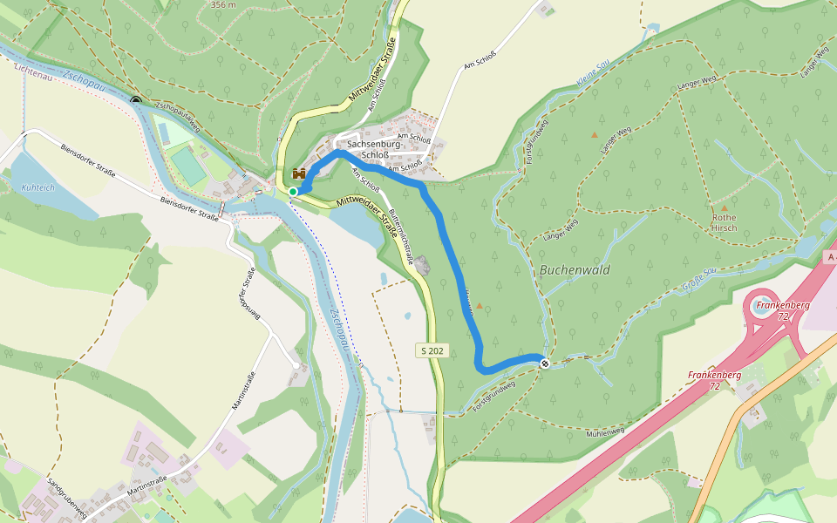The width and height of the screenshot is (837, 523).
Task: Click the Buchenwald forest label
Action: pyautogui.click(x=575, y=269)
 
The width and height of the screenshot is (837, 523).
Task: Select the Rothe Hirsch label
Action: pyautogui.click(x=725, y=222)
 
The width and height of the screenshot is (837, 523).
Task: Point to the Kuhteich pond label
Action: pyautogui.click(x=38, y=187)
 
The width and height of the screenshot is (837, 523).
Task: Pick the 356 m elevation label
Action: pyautogui.click(x=223, y=4)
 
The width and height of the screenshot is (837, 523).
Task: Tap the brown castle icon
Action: pyautogui.click(x=299, y=173)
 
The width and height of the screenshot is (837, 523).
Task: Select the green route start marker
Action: pyautogui.click(x=294, y=191)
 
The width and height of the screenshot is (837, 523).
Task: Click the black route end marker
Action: pyautogui.click(x=544, y=363)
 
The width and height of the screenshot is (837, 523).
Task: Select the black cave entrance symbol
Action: pyautogui.click(x=136, y=100)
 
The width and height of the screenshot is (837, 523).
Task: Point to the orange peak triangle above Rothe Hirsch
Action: pyautogui.click(x=724, y=208)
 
